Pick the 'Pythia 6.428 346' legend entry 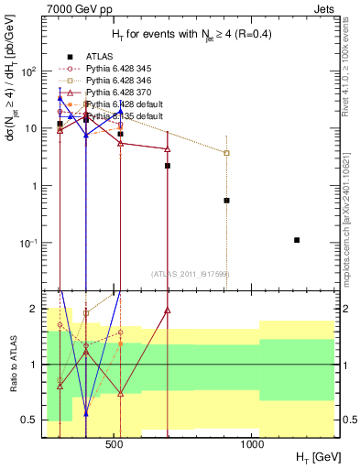115,81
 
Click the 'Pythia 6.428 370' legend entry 115,93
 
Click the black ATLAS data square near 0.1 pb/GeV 297,240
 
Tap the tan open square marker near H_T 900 226,153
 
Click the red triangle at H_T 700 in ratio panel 168,311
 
